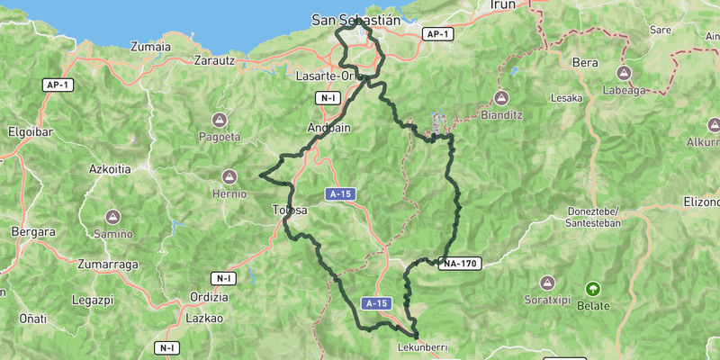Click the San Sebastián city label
[x=355, y=19]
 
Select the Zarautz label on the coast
[x=214, y=61]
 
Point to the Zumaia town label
[x=150, y=47]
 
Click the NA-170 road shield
[x=460, y=264]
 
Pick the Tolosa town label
[x=289, y=211]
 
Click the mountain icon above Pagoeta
[x=219, y=120]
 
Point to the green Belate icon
[x=592, y=288]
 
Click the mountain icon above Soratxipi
[x=546, y=282]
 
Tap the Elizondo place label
[x=700, y=202]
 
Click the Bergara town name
[x=33, y=231]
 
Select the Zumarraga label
[x=107, y=265]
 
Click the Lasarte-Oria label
[x=328, y=76]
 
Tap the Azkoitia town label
[x=111, y=169]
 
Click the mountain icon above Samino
[x=113, y=217]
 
